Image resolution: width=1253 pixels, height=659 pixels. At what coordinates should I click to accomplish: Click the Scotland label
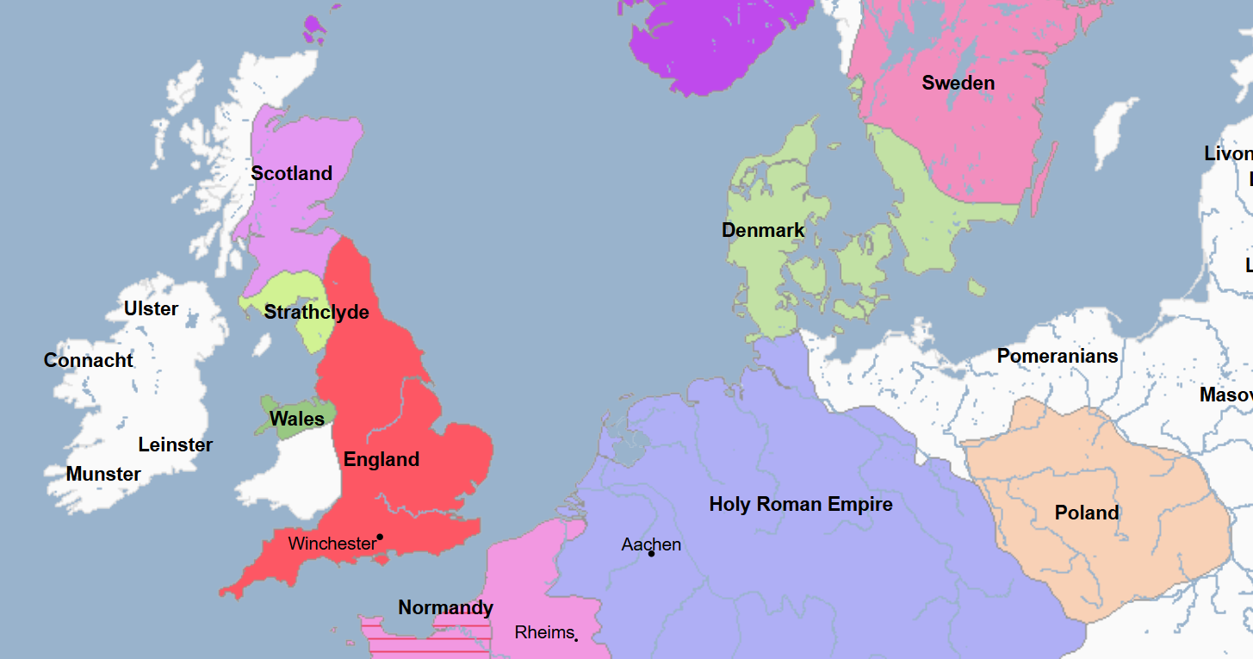(291, 173)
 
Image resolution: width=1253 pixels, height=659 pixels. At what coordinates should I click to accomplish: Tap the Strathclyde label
(316, 312)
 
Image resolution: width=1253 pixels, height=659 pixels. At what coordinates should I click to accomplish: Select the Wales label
(297, 419)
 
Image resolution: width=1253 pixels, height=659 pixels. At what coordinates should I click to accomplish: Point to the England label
(381, 459)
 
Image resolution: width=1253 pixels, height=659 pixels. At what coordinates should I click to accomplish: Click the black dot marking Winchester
(380, 537)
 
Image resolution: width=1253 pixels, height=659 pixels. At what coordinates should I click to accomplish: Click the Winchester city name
(332, 544)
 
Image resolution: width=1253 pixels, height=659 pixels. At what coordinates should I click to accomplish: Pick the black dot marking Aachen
(651, 553)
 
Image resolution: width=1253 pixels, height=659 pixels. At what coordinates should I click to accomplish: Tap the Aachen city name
(651, 544)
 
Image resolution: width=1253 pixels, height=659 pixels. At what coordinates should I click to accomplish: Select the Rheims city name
(543, 632)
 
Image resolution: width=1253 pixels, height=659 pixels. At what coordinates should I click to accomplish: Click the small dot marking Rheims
(576, 639)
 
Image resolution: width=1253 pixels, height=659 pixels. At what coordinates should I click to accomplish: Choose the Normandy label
(445, 607)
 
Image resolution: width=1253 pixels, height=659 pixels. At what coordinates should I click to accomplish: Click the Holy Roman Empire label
(800, 504)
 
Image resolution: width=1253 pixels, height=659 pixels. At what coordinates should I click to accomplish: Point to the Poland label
(1087, 513)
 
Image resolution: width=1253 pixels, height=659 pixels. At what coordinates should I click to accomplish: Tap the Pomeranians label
(1058, 356)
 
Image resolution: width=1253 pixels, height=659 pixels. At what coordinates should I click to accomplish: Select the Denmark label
(763, 230)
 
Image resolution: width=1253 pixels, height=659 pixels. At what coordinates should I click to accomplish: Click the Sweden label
(958, 83)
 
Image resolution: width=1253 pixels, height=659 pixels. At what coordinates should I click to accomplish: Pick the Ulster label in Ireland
(152, 308)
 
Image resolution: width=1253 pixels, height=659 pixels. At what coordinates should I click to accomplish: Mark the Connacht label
(89, 360)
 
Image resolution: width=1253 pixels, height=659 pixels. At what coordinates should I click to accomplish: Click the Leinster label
(176, 445)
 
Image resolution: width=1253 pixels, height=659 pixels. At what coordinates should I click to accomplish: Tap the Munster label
(103, 474)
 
